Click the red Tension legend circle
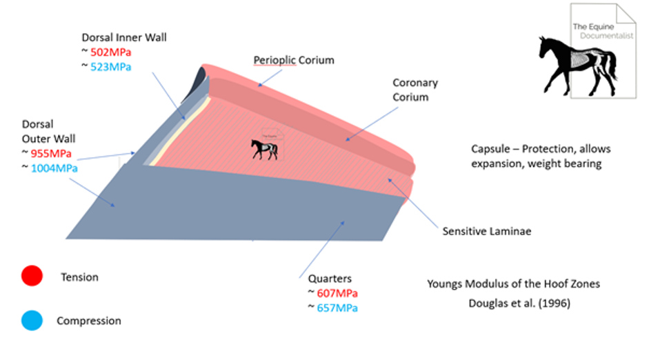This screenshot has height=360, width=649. click(32, 276)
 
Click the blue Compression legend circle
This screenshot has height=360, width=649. click(32, 320)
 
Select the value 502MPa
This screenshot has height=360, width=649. click(110, 52)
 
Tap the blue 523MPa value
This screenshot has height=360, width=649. click(110, 67)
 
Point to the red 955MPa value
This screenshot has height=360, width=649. click(51, 154)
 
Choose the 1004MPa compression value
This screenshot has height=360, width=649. click(54, 168)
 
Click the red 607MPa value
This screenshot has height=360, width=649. click(337, 293)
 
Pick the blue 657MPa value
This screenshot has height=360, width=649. click(337, 308)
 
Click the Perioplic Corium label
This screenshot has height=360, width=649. click(294, 60)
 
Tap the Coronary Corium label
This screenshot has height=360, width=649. click(415, 90)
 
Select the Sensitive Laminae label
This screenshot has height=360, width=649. click(487, 231)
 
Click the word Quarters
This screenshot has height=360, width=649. click(330, 279)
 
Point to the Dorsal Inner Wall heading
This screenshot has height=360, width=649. click(124, 37)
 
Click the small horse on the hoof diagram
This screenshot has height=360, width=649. click(264, 149)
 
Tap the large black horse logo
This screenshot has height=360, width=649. click(578, 66)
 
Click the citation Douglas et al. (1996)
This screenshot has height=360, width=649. click(519, 303)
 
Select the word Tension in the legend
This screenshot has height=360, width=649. click(79, 277)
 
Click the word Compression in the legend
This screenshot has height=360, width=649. click(88, 321)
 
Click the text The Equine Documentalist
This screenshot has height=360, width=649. click(603, 31)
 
